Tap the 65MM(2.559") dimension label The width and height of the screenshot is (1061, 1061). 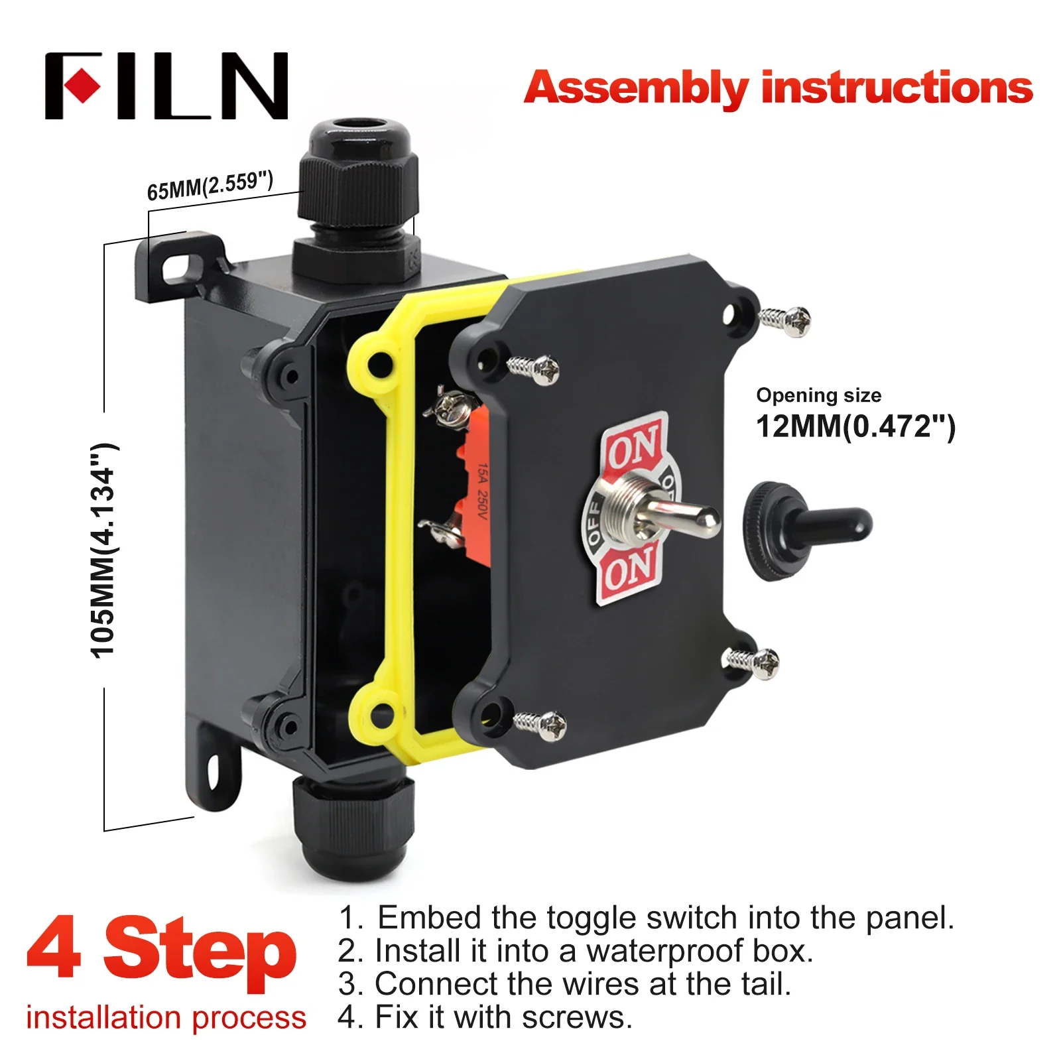(x=210, y=185)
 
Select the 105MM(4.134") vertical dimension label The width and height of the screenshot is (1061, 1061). (x=103, y=550)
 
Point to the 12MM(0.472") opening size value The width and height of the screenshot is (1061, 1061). (x=855, y=426)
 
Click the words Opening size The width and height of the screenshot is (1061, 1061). (x=818, y=395)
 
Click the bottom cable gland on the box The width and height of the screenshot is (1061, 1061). (x=351, y=829)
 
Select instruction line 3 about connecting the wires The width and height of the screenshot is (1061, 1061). (x=564, y=984)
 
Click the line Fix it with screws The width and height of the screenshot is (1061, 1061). (x=484, y=1017)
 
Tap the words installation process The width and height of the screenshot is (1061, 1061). (x=166, y=1017)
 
